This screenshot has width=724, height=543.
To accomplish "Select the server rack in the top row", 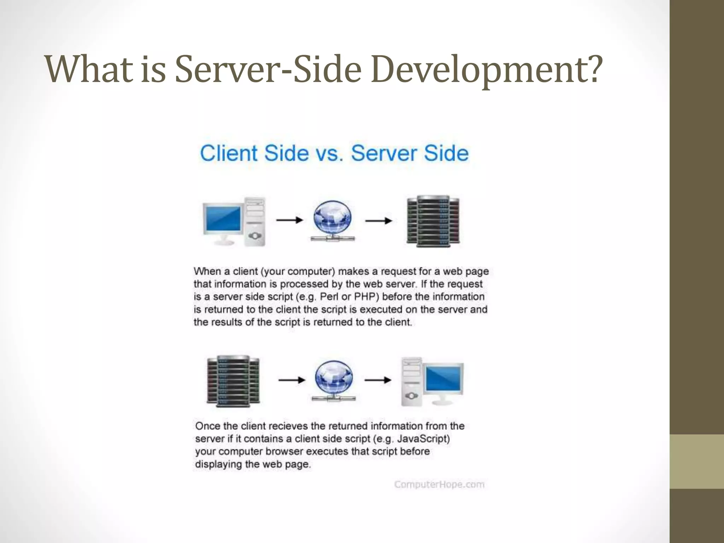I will tap(433, 221).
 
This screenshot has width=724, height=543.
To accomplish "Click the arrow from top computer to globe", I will tap(290, 220).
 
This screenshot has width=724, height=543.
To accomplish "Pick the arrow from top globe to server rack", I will tap(379, 221).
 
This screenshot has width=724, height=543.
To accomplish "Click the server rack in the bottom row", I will tap(233, 381).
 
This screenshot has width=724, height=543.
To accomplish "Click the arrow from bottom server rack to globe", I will tap(292, 380).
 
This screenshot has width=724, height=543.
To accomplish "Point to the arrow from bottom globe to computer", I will tap(378, 380).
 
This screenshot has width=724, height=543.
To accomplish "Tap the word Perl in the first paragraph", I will tap(329, 297).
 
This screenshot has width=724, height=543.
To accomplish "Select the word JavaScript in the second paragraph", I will tap(423, 439).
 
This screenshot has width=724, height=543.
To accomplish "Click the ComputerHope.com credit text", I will tap(439, 484).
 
